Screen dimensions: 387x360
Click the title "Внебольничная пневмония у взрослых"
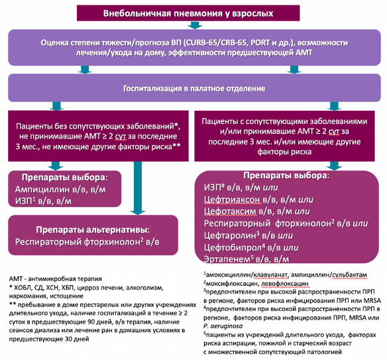[188, 13]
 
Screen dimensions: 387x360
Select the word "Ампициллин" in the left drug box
[42, 190]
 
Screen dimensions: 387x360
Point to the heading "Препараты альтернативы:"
[93, 230]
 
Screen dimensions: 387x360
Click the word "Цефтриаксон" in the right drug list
[232, 200]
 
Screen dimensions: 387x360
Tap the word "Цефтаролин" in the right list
[229, 235]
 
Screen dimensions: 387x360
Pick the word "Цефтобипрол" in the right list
[233, 247]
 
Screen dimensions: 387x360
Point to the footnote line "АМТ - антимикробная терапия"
[55, 279]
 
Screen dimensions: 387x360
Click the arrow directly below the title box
[195, 25]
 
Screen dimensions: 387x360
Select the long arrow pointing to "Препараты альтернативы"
[138, 188]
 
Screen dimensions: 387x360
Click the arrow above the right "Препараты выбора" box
[334, 166]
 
